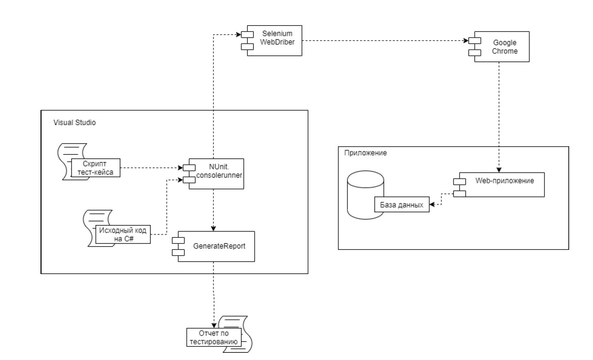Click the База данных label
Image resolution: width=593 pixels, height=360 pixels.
(x=402, y=205)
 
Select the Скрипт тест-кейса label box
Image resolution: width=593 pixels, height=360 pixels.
(x=96, y=167)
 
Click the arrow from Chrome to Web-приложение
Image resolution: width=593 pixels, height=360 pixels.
(x=499, y=117)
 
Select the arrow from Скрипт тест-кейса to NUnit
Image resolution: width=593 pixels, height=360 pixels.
(x=151, y=168)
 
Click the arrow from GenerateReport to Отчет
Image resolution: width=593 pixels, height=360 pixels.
(x=213, y=292)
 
